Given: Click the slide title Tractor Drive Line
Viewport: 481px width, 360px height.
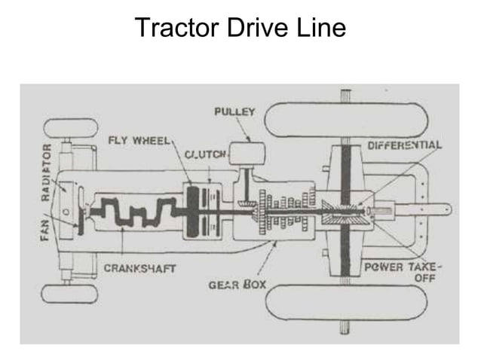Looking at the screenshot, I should [240, 28].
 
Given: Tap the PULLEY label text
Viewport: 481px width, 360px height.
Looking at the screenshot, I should [235, 112].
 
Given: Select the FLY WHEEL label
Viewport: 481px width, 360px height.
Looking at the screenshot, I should [141, 140].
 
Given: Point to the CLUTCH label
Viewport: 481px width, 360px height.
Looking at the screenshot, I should [205, 154].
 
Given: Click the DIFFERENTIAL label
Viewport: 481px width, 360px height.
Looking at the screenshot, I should [404, 144].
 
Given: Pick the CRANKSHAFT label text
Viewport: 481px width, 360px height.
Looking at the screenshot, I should [139, 268].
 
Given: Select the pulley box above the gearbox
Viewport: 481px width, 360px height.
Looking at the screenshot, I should [248, 154].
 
